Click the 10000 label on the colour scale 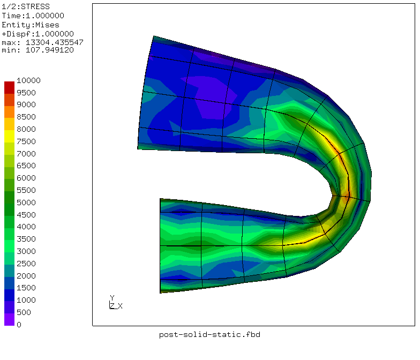28,80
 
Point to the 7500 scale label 26,141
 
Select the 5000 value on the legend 26,202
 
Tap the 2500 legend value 26,264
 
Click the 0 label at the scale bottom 19,325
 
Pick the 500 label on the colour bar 24,312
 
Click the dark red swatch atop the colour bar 10,88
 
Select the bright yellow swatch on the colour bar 10,136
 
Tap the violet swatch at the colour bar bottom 10,319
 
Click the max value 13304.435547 55,42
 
